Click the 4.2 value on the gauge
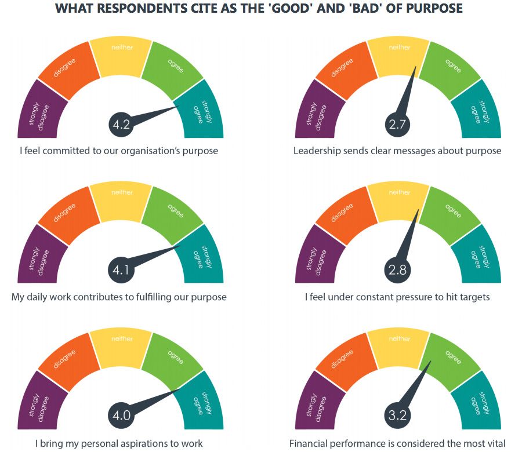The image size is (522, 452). tap(121, 123)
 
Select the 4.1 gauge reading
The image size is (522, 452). tap(121, 269)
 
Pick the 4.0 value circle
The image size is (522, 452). tap(121, 415)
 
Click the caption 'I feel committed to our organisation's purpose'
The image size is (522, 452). tap(119, 151)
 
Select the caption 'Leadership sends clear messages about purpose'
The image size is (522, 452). tap(397, 151)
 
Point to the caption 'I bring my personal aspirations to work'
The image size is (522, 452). tap(119, 443)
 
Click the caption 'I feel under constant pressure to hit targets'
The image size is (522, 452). tap(397, 297)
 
